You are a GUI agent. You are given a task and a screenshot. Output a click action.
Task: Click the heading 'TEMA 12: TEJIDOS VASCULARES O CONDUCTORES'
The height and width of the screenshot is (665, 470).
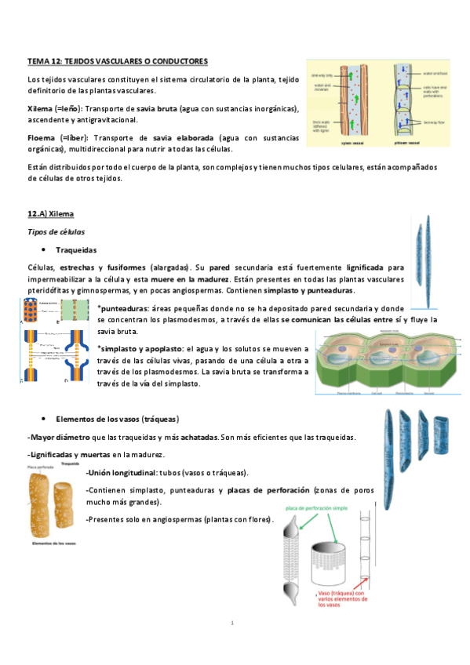point(118,60)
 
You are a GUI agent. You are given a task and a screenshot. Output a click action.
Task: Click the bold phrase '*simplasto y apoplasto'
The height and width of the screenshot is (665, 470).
point(139,347)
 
